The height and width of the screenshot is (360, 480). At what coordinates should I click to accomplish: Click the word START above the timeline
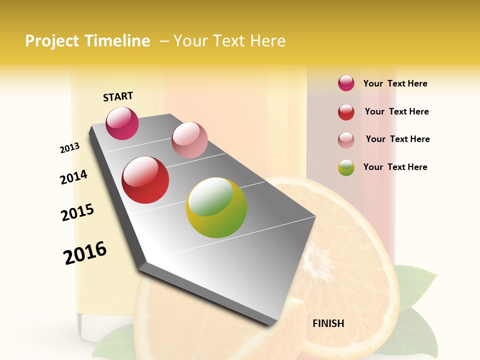coord(118,96)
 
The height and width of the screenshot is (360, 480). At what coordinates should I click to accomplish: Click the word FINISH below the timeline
coord(328,323)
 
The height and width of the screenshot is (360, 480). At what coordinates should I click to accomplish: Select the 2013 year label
coord(69,148)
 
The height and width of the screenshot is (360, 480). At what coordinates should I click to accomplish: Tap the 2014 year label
coord(73,177)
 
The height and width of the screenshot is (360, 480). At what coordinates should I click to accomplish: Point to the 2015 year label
coord(77,212)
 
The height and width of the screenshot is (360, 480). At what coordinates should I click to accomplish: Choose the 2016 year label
coord(85,252)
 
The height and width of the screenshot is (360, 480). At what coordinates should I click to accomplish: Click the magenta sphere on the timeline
coord(122,123)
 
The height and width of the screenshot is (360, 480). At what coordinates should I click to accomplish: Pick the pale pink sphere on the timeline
coord(189,140)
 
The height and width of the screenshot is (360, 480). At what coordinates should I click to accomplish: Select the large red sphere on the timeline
coord(145,180)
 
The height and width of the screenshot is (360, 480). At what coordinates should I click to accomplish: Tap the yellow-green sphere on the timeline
coord(216,207)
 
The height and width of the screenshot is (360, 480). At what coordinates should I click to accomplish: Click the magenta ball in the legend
coord(346,83)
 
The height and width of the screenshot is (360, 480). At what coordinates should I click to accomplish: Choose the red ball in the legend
coord(346,112)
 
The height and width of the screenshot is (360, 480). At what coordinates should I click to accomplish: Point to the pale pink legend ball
coord(346,140)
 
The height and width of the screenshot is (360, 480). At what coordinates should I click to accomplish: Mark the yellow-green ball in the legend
coord(346,167)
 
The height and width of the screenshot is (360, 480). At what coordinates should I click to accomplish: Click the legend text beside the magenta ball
coord(395,83)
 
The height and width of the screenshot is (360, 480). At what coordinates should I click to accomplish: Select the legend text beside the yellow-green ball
coord(395,167)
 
